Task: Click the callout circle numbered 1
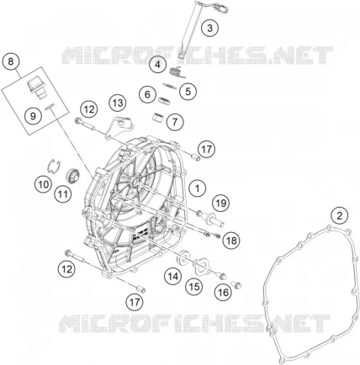[198, 188]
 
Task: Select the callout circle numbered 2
[340, 216]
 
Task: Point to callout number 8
[11, 61]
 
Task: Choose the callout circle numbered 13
[118, 103]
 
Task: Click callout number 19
[221, 203]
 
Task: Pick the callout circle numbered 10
[44, 185]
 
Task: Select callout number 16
[223, 293]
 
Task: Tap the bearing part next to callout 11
[72, 175]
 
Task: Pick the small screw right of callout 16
[236, 284]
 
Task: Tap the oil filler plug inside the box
[36, 87]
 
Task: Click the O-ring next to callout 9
[50, 107]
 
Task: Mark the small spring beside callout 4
[177, 71]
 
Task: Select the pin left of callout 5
[170, 86]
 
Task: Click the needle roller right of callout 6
[164, 100]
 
